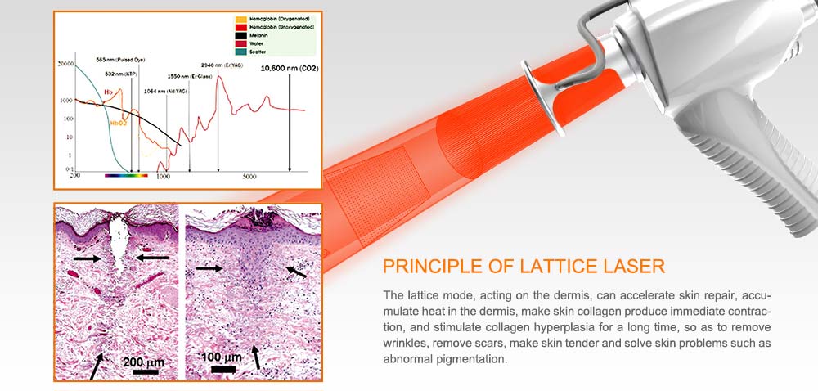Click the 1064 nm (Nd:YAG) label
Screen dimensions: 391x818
[166, 91]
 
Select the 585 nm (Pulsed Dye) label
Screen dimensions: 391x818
[115, 60]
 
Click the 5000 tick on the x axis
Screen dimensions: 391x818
[250, 177]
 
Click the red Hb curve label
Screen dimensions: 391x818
[107, 103]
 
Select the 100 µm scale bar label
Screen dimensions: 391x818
[222, 358]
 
